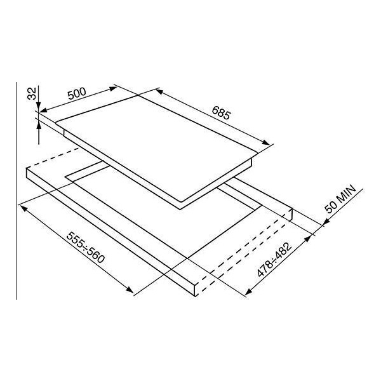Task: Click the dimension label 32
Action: (x=32, y=93)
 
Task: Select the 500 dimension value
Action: (x=77, y=93)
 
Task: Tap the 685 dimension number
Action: (x=220, y=112)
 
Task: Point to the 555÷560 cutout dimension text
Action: (x=86, y=248)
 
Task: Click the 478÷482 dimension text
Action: (x=274, y=260)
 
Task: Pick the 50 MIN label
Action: (x=340, y=199)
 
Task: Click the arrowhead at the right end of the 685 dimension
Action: (x=266, y=142)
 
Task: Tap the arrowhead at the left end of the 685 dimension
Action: (x=159, y=91)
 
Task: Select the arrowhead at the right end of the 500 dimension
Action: (x=113, y=88)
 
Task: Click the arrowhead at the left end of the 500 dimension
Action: (x=43, y=110)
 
